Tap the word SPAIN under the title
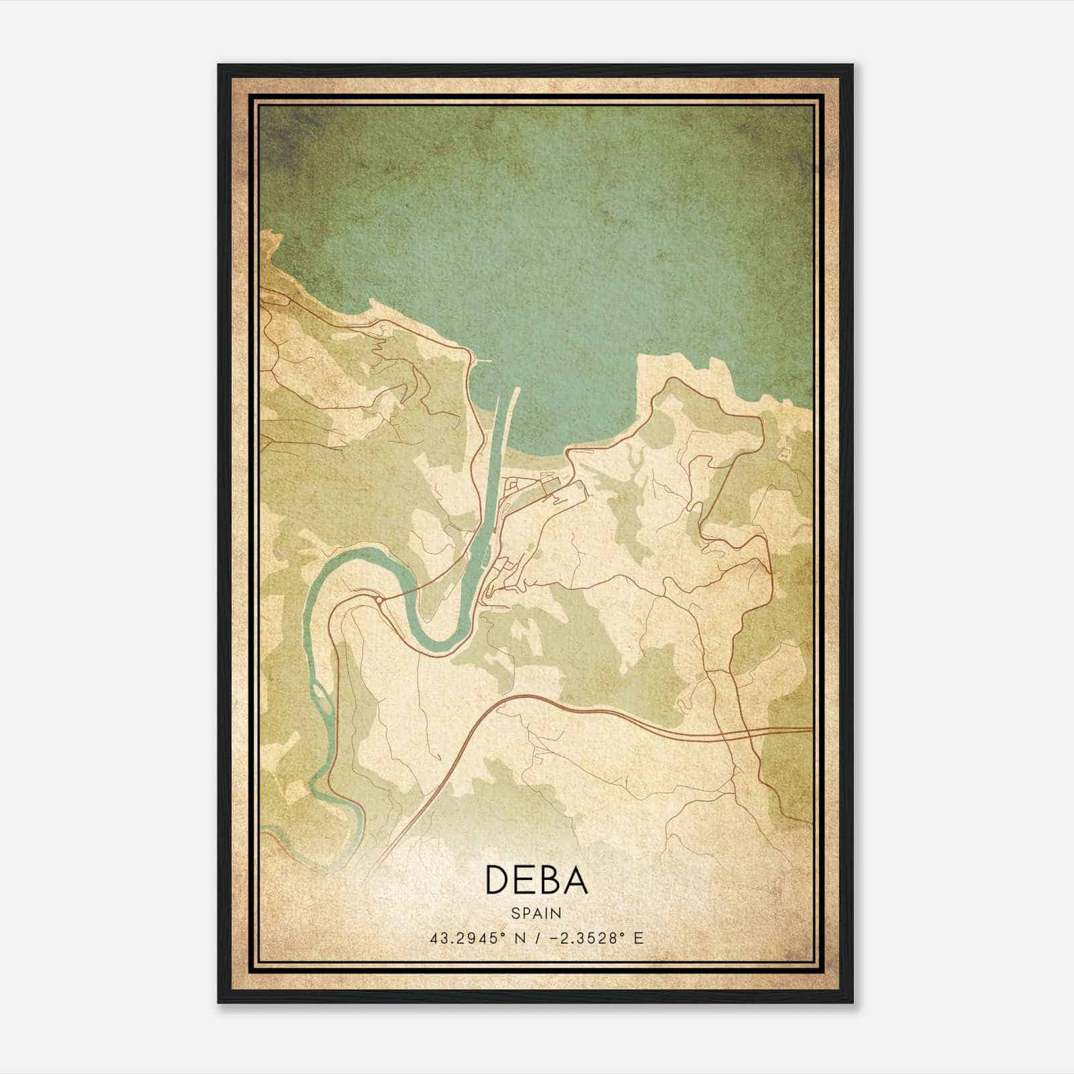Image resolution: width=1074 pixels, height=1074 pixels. pyautogui.click(x=536, y=914)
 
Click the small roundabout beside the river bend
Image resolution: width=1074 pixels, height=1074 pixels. pyautogui.click(x=380, y=599)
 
